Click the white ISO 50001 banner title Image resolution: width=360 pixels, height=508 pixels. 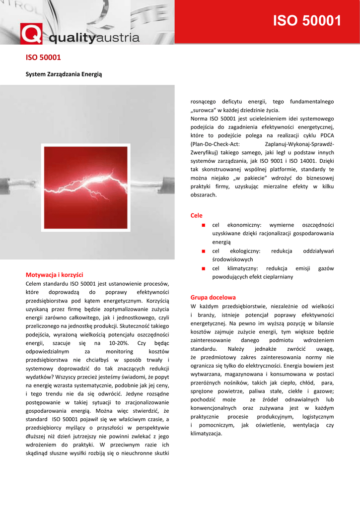pos(308,21)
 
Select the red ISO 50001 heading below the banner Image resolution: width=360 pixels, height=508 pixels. pos(43,58)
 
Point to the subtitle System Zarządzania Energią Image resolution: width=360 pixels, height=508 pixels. pos(64,74)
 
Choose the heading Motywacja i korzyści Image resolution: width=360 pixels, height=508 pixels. pos(54,274)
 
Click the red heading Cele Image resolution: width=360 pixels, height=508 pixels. pos(197,215)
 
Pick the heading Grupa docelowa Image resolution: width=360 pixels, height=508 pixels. pos(213,297)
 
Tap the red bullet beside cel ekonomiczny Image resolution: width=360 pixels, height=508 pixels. pos(204,225)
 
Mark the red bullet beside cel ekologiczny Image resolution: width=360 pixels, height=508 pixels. pos(204,251)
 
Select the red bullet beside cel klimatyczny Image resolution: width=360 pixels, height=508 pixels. pos(204,268)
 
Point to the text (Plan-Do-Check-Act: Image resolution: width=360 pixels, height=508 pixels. pos(216,144)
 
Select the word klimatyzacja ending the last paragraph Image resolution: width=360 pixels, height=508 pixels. pos(206,434)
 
